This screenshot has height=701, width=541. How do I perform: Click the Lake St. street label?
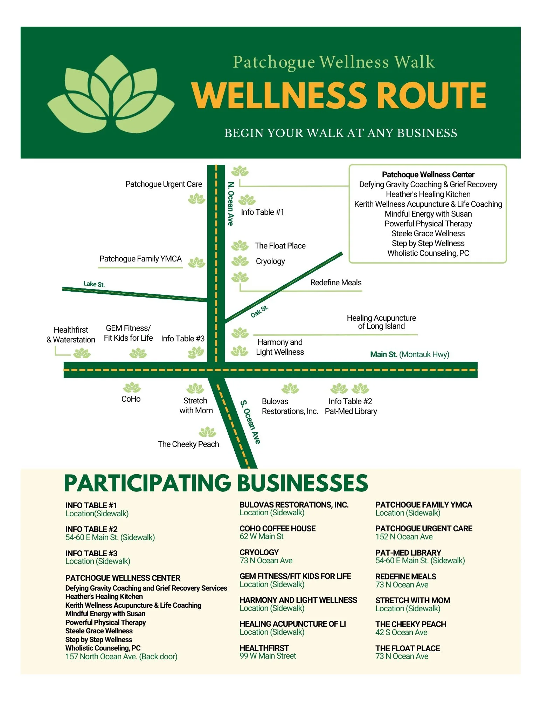click(94, 284)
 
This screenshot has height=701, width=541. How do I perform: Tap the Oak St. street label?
click(259, 311)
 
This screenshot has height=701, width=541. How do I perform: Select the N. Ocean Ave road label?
click(230, 204)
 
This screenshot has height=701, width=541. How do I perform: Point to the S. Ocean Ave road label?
click(250, 422)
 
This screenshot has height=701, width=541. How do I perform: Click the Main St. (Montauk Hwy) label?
click(409, 354)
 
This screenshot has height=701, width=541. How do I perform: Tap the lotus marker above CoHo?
click(132, 388)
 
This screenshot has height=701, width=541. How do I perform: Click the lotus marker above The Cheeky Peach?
click(208, 432)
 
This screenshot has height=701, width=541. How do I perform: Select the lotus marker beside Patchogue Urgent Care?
click(196, 199)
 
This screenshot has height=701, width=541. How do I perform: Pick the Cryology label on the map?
click(270, 261)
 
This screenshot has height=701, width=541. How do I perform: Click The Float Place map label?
click(280, 246)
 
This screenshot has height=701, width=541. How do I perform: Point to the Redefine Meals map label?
click(336, 283)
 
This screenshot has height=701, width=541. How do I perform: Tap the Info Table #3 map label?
click(183, 339)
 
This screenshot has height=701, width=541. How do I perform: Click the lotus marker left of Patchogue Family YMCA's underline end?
click(196, 263)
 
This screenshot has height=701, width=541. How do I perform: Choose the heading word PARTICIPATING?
click(147, 483)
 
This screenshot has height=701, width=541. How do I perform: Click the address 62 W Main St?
click(262, 536)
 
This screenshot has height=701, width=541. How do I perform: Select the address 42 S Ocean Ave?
click(401, 632)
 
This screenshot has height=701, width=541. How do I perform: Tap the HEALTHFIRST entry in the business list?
click(264, 648)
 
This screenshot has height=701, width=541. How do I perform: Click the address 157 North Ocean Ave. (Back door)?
click(121, 656)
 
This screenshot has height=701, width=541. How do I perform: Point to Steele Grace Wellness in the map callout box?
click(428, 233)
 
